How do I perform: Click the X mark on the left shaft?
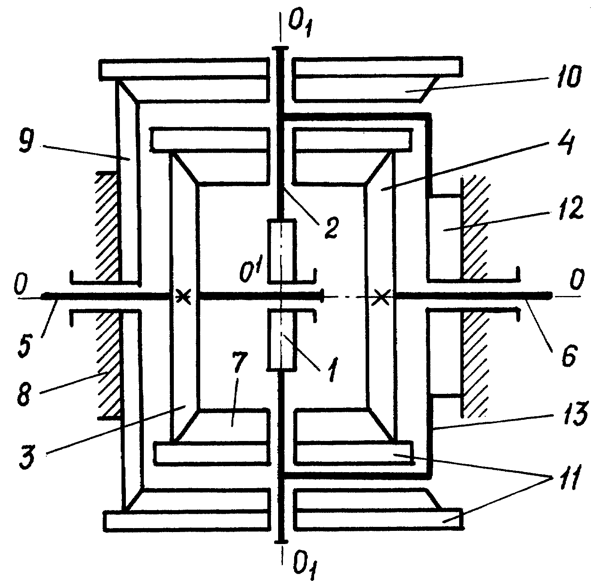click(183, 296)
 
